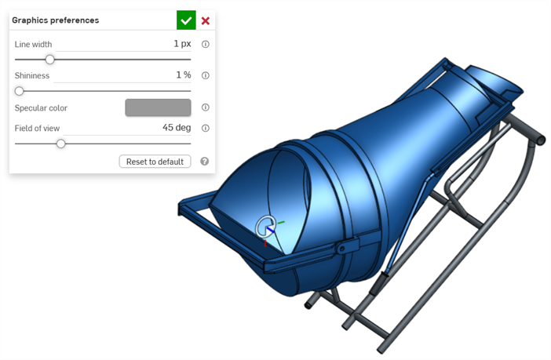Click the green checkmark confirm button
(x=186, y=20)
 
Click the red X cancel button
(x=206, y=20)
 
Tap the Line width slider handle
(x=50, y=60)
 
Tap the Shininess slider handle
(x=20, y=91)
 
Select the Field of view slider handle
(x=60, y=144)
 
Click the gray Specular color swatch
(x=158, y=107)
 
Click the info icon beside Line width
(x=206, y=44)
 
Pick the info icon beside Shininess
(x=206, y=75)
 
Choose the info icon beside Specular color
(x=206, y=107)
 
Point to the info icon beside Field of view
(x=206, y=128)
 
